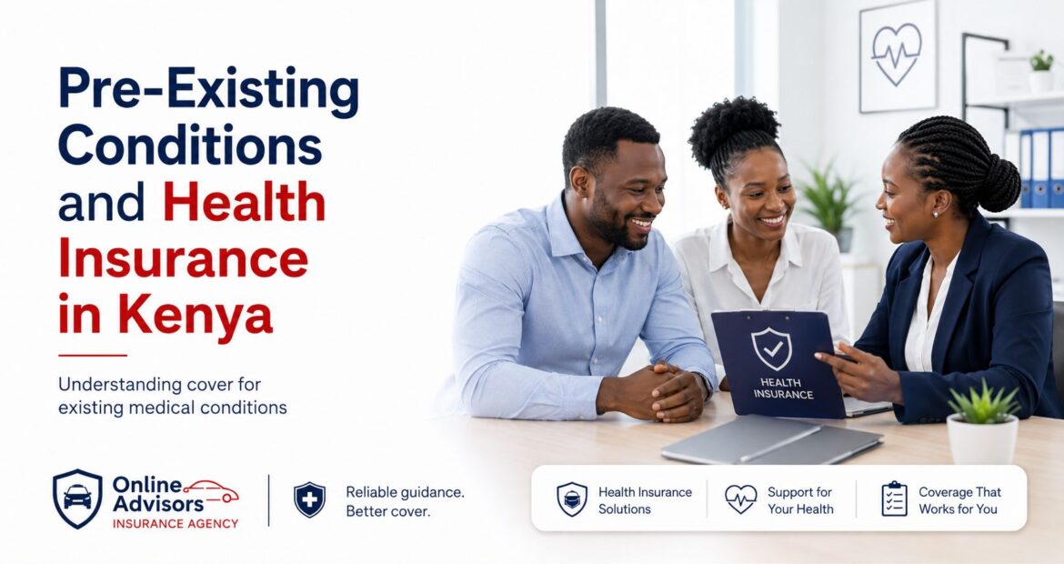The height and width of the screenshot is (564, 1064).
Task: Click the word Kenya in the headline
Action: point(196,317)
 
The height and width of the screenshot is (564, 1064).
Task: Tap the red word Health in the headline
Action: point(245,202)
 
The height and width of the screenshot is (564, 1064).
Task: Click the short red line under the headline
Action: point(93,355)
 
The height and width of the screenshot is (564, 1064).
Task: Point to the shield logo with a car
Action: point(77,499)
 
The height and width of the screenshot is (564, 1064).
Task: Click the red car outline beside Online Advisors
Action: point(211,491)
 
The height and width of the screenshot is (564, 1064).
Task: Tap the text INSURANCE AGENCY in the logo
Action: point(176,524)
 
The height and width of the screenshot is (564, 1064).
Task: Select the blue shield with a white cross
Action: point(309,500)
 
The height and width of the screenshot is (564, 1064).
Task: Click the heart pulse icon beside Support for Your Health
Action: point(741,499)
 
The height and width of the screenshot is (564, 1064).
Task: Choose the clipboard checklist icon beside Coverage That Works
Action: point(894,499)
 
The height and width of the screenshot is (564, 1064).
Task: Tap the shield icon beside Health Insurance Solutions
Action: point(572,499)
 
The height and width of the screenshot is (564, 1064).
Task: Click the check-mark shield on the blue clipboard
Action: point(771,348)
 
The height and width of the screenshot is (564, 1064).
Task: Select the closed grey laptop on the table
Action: point(771,439)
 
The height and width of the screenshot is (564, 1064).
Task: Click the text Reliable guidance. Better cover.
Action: point(405,501)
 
